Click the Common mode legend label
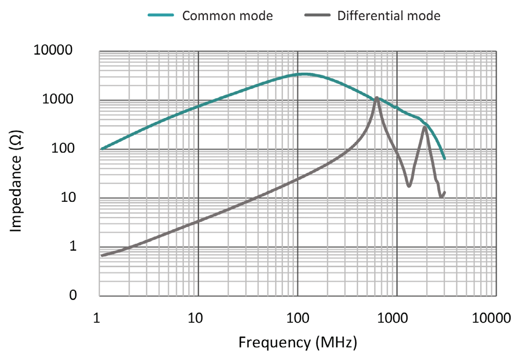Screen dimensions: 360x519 point(227,16)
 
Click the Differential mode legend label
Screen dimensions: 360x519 point(389,16)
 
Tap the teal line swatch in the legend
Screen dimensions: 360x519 point(160,15)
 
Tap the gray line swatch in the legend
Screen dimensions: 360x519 point(318,15)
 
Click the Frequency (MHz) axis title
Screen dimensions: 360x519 point(298,342)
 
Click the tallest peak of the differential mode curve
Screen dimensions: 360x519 point(377,98)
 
